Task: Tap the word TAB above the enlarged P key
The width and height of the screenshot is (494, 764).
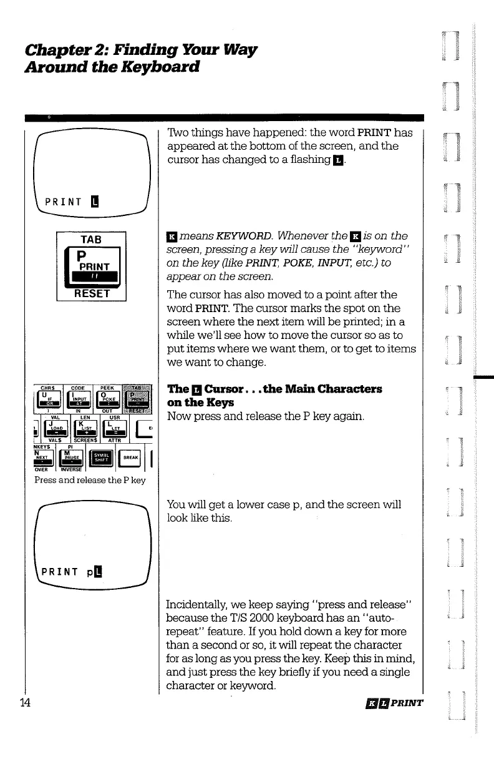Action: (91, 238)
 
